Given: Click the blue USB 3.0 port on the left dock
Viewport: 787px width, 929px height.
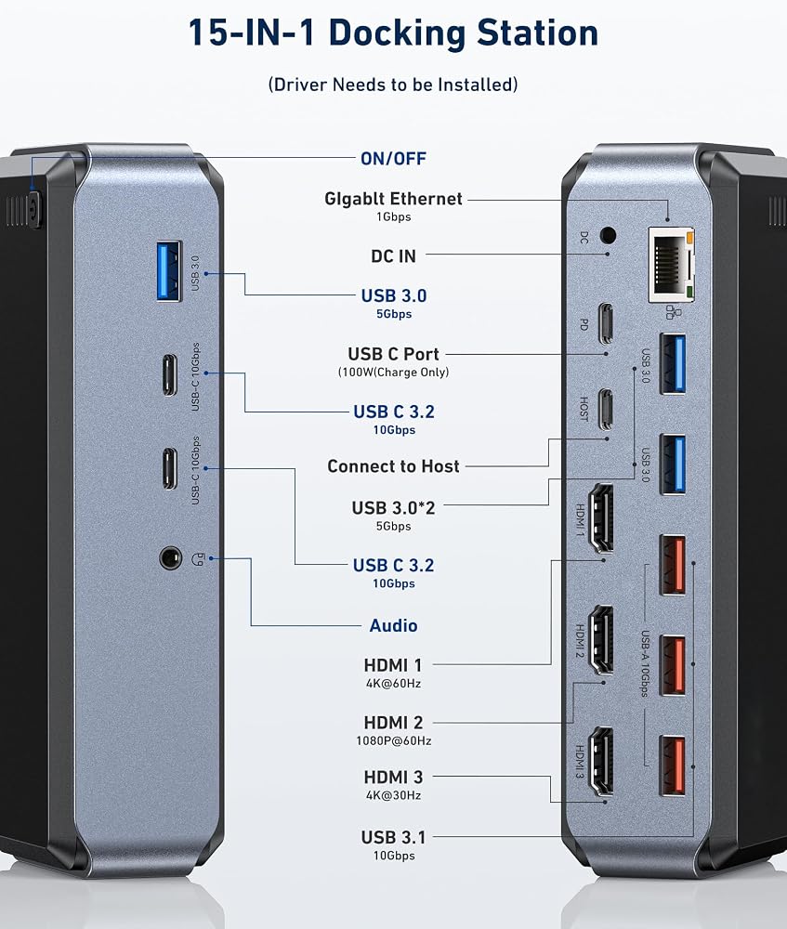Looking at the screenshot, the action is (169, 270).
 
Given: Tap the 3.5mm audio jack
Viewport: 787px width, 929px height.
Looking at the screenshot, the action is (171, 557).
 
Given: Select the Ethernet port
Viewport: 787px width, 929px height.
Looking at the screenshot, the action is (672, 264).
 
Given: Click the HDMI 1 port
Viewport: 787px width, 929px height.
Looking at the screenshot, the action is (600, 518).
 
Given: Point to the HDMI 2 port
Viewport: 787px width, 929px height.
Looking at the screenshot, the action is (600, 640).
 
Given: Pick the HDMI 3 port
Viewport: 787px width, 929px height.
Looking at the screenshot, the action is (600, 762).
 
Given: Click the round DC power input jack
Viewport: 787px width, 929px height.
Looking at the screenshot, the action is (608, 235).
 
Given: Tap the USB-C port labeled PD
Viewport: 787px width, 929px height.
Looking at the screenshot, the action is (605, 323).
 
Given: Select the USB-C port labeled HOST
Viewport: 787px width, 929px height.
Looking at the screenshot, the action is (605, 409).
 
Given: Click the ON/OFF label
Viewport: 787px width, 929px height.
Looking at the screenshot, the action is (394, 159).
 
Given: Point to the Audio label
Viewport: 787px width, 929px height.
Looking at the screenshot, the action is (394, 625).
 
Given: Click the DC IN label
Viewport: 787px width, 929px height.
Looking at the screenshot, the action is (394, 256).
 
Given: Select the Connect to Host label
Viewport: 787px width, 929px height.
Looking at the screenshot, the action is (394, 466).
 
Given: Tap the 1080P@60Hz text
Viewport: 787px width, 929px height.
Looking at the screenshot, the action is (394, 740).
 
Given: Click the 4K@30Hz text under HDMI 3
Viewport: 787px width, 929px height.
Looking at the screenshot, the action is (394, 795).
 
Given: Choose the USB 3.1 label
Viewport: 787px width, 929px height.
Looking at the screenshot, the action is (394, 837).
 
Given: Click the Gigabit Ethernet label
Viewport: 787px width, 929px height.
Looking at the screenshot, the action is (394, 199).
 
